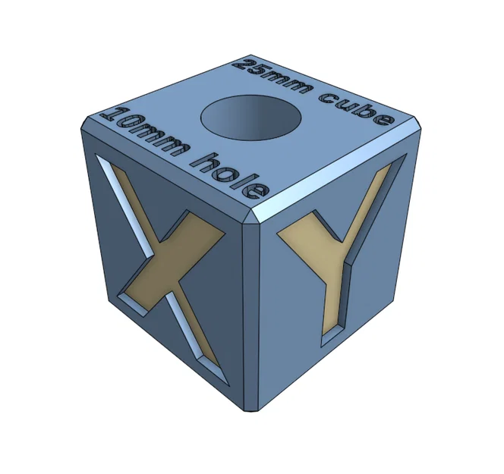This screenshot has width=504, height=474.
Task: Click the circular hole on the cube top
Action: (250, 118)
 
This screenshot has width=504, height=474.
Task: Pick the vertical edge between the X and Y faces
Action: (253, 319)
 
